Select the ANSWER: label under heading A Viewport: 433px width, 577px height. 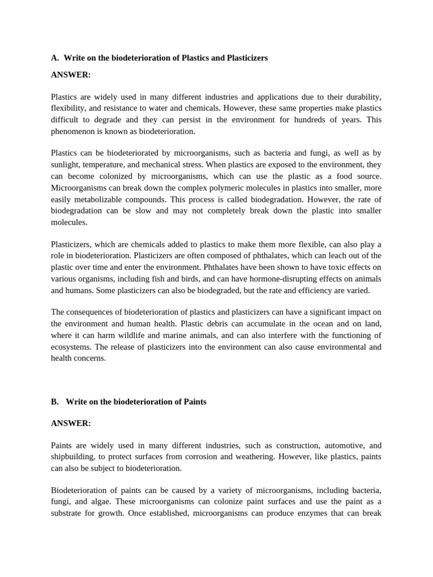coord(70,75)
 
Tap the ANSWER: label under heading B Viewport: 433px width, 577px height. coord(70,423)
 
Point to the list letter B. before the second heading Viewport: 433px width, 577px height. coord(55,402)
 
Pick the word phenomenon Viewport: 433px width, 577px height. coord(72,131)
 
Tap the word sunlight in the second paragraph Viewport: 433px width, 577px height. coord(66,165)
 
